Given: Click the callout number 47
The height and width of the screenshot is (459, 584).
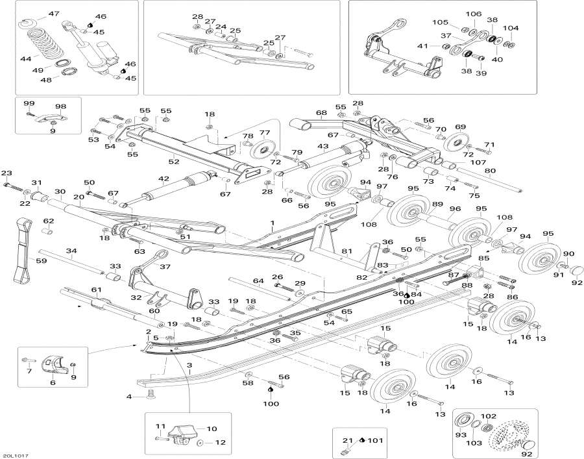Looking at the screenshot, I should pos(53,14).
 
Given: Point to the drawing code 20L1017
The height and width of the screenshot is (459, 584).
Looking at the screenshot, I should pos(16,455).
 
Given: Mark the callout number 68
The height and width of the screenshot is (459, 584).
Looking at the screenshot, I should pos(321,113).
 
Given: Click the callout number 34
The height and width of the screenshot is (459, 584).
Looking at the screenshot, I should pos(71,251).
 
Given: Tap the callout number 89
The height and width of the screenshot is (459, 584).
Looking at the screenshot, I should pos(438,205).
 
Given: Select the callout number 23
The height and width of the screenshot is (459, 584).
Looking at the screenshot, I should pos(6,173).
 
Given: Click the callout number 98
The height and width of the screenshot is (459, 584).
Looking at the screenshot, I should pos(61,106).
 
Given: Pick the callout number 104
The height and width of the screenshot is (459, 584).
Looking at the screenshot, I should pos(511,28).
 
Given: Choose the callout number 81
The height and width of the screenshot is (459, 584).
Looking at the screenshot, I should pos(347,251).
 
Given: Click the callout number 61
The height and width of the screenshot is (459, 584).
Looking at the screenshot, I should pos(96,290).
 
